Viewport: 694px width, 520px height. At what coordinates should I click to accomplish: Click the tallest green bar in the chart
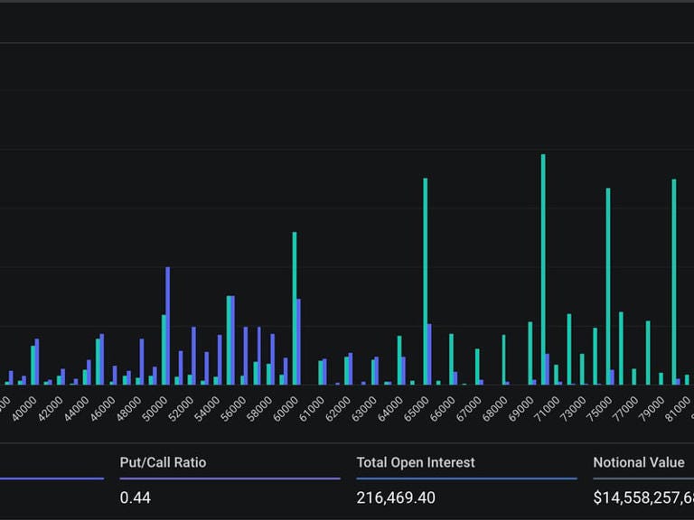[543, 271]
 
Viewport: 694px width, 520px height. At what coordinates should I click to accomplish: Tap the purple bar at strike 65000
[429, 355]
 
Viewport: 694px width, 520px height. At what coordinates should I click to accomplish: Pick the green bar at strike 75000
[608, 287]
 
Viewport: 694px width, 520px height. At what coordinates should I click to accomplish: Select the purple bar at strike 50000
[168, 326]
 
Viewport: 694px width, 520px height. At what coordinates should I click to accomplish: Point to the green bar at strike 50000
[164, 350]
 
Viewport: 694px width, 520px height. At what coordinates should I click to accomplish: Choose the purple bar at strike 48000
[142, 362]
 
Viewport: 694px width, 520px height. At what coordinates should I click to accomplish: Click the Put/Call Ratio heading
[163, 462]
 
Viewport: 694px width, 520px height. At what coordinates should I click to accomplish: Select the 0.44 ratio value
[135, 497]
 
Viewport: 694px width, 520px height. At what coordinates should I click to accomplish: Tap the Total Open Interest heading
[415, 462]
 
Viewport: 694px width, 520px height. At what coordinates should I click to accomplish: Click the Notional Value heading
[639, 462]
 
